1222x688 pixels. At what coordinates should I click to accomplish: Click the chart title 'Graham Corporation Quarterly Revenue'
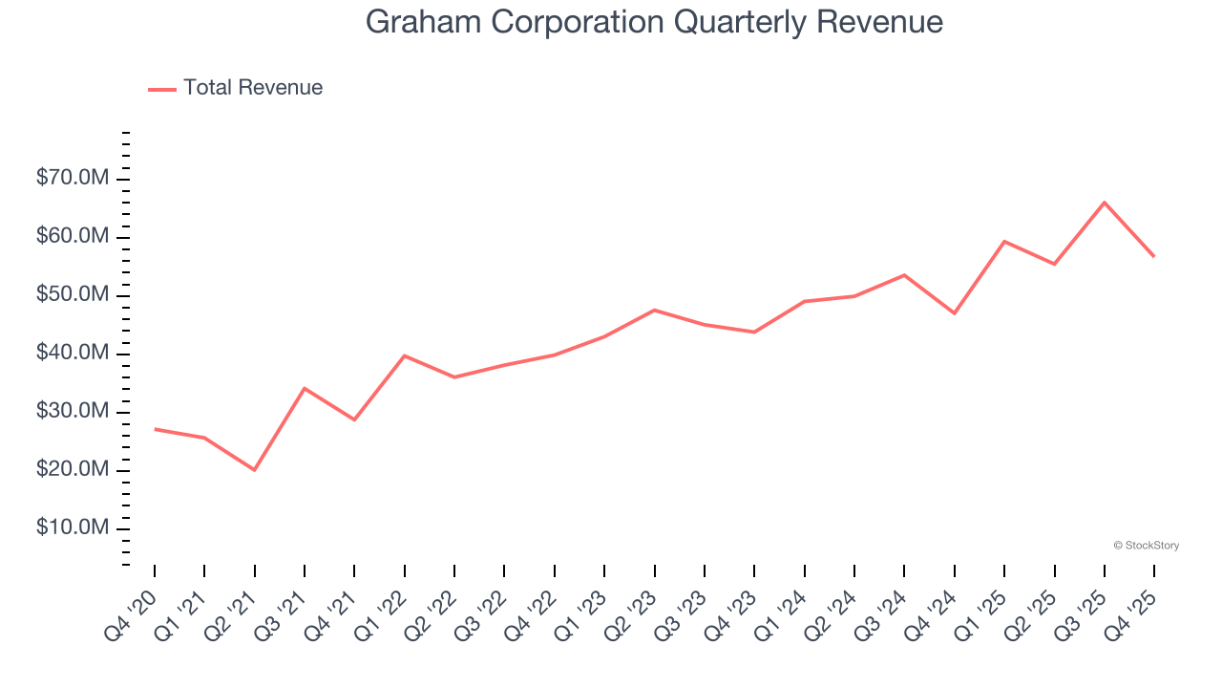pos(654,22)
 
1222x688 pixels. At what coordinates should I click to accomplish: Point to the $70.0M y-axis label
pos(73,179)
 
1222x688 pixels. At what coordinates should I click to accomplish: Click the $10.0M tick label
pos(73,528)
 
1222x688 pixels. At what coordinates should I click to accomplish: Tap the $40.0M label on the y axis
pos(73,354)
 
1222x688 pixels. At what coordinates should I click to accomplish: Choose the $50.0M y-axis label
pos(73,295)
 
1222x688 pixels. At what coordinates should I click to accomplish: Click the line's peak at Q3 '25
pos(1105,203)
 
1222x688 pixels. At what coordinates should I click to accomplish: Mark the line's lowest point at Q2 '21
pos(255,470)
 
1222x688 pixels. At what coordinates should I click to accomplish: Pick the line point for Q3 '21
pos(305,388)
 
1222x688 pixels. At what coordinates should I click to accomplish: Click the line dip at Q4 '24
pos(955,313)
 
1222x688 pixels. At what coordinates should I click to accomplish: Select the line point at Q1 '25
pos(1004,241)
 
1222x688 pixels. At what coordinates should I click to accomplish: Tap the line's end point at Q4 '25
pos(1154,256)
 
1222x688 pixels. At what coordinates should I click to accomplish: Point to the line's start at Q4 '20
pos(155,429)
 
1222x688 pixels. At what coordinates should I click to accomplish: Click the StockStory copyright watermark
pos(1147,546)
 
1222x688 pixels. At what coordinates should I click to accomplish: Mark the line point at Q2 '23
pos(655,310)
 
